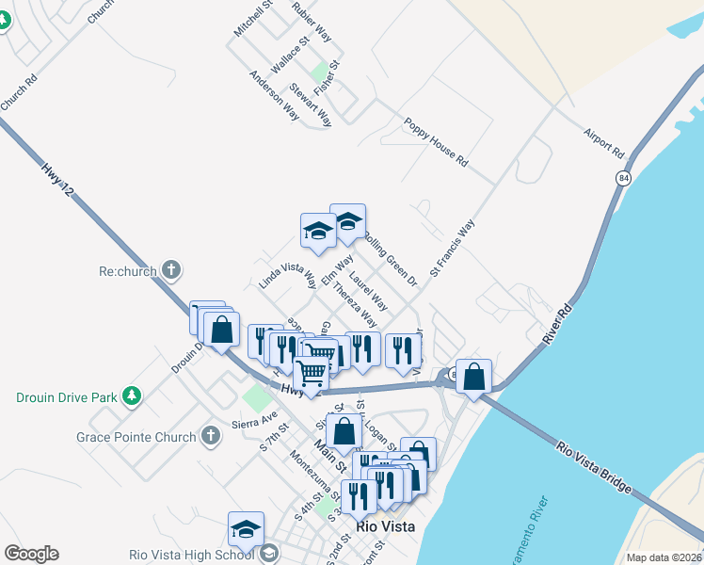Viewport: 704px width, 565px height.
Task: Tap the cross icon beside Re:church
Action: [170, 271]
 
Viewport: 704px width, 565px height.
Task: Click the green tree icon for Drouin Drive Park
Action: [133, 396]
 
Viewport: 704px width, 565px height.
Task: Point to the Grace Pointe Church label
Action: [136, 437]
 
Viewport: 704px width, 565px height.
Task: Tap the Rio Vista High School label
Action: [192, 555]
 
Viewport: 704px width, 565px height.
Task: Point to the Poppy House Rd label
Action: [435, 142]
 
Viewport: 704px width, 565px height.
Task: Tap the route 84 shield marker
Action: [623, 177]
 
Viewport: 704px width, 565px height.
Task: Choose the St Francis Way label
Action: [453, 249]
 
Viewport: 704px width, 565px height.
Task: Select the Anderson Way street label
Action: [274, 95]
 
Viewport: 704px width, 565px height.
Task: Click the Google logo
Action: [31, 554]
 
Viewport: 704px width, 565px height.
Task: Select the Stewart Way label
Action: [311, 105]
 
